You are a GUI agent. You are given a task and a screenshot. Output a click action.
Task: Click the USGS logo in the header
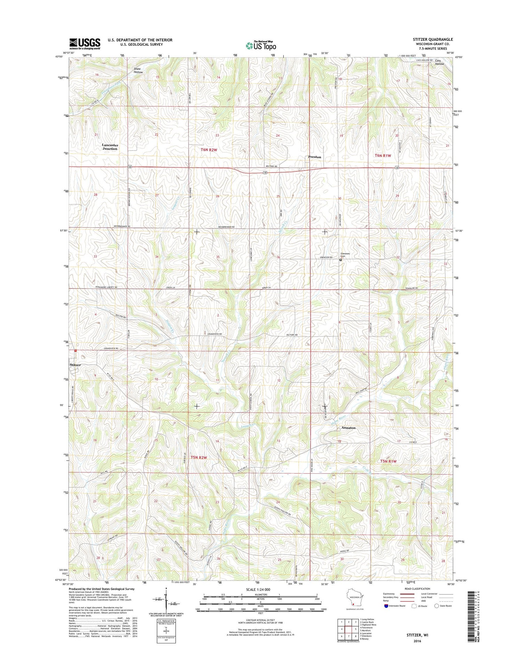(x=85, y=44)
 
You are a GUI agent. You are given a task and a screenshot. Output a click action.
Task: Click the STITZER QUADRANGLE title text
(x=433, y=39)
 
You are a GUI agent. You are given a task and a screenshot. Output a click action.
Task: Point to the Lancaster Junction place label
(x=110, y=147)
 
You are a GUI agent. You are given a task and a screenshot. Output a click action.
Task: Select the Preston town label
(x=314, y=157)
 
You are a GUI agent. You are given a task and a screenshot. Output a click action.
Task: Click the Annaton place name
(x=348, y=427)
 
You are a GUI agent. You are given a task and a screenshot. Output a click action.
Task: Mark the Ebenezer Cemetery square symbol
(x=340, y=260)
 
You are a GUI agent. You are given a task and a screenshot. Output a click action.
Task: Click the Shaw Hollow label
(x=138, y=70)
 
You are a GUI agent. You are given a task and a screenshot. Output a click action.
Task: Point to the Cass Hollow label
(x=439, y=62)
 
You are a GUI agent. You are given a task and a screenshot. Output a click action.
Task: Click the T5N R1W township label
(x=388, y=461)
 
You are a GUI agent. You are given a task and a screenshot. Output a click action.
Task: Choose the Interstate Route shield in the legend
(x=386, y=606)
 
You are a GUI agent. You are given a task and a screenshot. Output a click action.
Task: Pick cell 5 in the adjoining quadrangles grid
(x=356, y=629)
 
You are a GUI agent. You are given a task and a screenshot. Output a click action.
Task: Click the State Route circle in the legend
(x=436, y=606)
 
